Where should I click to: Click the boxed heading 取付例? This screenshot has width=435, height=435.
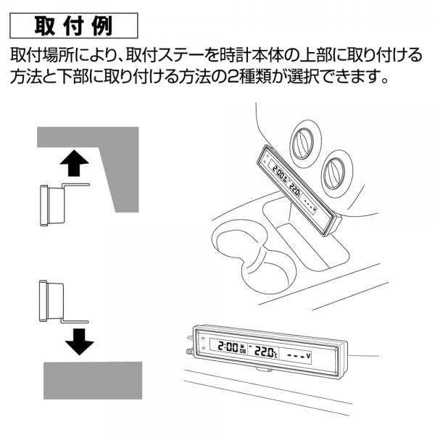pos(73,25)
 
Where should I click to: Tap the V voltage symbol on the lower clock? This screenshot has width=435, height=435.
pos(308,356)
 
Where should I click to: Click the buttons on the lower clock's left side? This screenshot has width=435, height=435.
pos(202,347)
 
